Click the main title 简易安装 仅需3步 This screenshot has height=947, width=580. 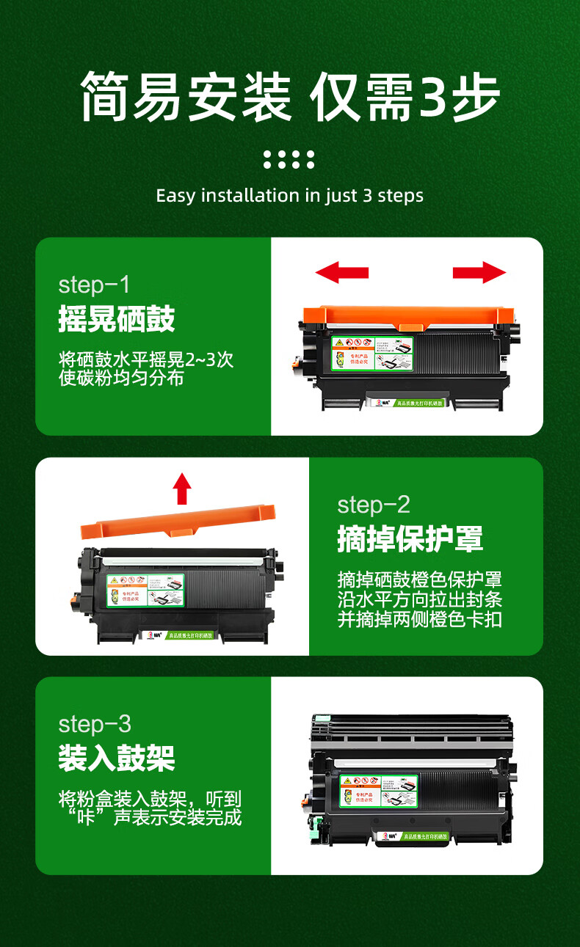tap(290, 96)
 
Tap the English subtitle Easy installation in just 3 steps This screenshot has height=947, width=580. tap(290, 196)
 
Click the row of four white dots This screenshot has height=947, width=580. tap(289, 159)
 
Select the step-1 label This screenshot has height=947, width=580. tap(93, 285)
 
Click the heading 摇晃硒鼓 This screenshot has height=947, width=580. tap(117, 319)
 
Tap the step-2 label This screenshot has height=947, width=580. tap(374, 505)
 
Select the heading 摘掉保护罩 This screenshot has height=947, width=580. tap(410, 539)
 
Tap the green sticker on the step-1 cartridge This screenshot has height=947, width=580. tap(371, 353)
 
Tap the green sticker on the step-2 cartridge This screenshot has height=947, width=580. tap(145, 590)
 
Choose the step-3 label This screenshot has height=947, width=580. tap(94, 724)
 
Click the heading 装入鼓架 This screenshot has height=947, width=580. tap(117, 758)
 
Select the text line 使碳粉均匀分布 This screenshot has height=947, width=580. tap(121, 378)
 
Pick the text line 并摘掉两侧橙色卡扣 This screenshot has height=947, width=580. tap(419, 618)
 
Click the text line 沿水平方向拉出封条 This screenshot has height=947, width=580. tap(419, 599)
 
